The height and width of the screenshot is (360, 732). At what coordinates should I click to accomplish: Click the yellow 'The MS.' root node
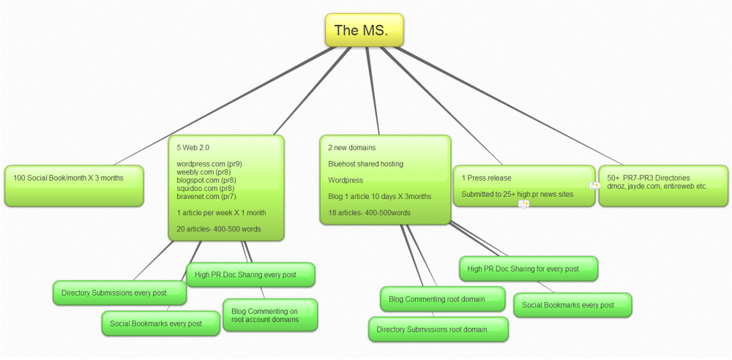click(x=364, y=30)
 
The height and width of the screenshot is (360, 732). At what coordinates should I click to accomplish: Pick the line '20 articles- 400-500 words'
click(x=219, y=229)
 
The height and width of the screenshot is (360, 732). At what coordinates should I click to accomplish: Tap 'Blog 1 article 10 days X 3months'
click(x=379, y=196)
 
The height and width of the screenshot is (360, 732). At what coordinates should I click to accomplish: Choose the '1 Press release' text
click(x=486, y=178)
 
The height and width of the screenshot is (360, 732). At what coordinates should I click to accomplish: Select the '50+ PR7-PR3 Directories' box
click(x=663, y=182)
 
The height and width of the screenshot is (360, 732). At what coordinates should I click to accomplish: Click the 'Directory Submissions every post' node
click(x=119, y=293)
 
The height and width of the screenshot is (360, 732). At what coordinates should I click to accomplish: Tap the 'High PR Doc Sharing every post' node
click(x=250, y=274)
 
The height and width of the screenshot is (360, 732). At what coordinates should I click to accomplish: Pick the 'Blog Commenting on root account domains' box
click(x=269, y=315)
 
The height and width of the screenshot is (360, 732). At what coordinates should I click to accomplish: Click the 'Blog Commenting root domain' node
click(x=442, y=299)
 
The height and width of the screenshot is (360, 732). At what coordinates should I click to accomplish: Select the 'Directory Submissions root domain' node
click(x=437, y=329)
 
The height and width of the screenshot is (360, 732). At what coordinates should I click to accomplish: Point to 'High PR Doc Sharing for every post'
click(x=528, y=269)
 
